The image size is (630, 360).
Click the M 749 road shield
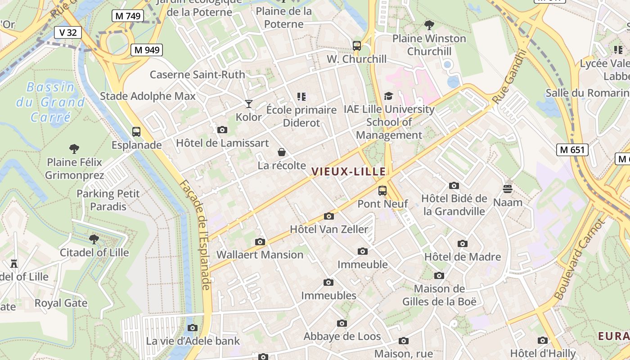(128, 16)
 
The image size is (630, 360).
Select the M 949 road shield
(147, 50)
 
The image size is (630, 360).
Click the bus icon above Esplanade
(136, 132)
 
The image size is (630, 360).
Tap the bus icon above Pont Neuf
(382, 190)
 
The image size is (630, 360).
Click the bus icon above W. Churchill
(357, 45)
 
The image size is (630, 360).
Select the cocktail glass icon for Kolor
(248, 104)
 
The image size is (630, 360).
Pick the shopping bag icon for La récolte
(282, 152)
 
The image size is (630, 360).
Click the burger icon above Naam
(508, 189)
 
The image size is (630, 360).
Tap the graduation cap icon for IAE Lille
(388, 96)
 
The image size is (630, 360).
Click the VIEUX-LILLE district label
(349, 171)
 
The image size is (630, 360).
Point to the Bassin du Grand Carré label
(50, 102)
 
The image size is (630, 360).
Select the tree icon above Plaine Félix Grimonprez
(74, 148)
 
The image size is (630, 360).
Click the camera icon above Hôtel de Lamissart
(222, 130)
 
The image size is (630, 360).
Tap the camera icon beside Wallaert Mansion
(260, 242)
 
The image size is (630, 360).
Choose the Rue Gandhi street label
(509, 76)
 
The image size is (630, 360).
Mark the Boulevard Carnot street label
(579, 260)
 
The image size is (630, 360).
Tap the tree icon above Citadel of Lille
(94, 239)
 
